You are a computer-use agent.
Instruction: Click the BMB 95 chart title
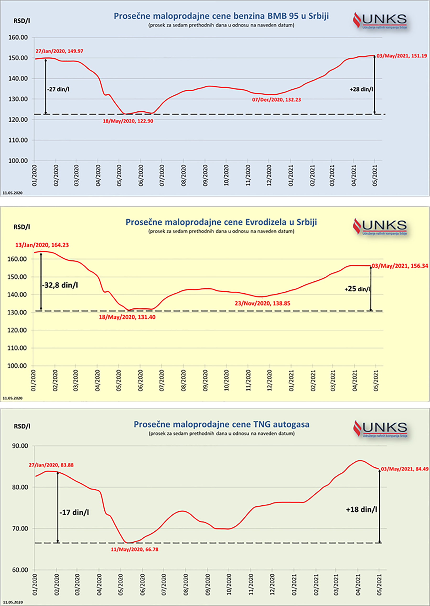221,16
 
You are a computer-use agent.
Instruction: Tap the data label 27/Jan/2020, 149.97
59,51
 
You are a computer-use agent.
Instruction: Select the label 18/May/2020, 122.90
128,121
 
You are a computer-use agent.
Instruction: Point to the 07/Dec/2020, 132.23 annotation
276,100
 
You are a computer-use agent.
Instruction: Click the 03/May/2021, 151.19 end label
401,56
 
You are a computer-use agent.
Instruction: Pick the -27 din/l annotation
58,89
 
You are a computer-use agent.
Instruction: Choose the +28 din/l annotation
361,89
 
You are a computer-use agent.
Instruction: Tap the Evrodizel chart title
221,222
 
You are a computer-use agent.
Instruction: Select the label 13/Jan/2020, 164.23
42,245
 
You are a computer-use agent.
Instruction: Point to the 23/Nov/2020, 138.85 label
262,303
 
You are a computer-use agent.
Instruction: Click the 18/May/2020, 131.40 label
127,317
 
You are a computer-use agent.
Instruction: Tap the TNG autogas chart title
221,424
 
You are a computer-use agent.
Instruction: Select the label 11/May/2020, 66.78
134,550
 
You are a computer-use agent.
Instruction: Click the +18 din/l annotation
361,509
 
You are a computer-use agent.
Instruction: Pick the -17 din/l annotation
74,513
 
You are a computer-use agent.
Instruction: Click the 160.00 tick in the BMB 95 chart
18,37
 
